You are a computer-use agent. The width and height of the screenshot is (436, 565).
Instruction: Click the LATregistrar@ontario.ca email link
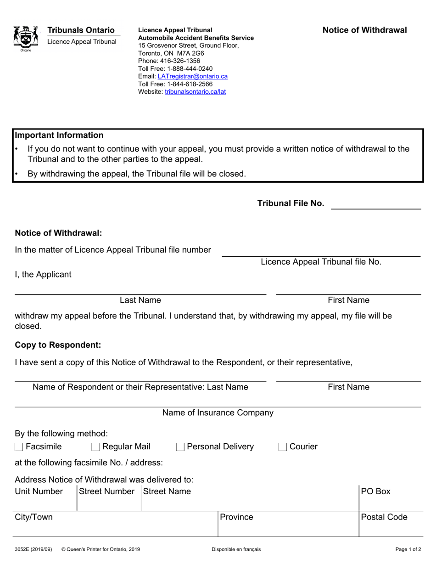click(x=192, y=76)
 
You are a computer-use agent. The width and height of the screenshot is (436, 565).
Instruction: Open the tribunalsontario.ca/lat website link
click(x=195, y=91)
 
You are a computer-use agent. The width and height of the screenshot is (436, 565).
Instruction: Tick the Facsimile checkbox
click(x=19, y=447)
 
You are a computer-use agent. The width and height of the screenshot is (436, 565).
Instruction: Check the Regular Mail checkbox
click(x=96, y=447)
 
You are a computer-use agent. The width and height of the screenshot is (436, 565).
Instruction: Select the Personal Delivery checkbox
click(x=180, y=447)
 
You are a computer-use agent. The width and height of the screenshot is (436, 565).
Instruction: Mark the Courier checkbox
click(x=283, y=447)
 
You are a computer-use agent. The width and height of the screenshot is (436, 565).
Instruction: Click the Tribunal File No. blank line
click(x=376, y=204)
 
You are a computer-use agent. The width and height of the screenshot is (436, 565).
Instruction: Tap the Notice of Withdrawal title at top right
click(x=364, y=30)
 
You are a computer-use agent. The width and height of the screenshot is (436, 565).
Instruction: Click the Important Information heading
click(x=59, y=135)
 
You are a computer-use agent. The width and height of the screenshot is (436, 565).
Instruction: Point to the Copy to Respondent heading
click(x=58, y=345)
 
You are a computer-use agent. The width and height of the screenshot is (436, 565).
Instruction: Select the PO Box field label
click(x=375, y=491)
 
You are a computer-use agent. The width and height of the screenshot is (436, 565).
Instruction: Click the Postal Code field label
click(x=384, y=517)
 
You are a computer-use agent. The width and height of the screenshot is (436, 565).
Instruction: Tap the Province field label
click(x=236, y=517)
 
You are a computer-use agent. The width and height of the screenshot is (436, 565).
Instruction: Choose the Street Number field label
click(x=107, y=491)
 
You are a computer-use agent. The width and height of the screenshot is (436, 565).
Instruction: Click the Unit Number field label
click(x=39, y=491)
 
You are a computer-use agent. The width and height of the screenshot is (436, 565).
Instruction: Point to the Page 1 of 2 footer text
click(x=408, y=549)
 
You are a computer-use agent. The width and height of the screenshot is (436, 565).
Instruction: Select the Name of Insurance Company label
click(x=218, y=412)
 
